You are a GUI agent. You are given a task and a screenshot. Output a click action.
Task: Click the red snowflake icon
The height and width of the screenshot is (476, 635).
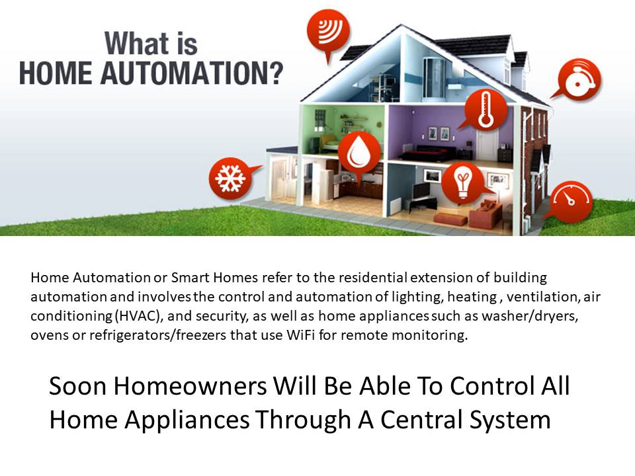pos(230,178)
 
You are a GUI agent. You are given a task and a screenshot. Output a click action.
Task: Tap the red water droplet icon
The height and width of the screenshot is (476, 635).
pos(359,153)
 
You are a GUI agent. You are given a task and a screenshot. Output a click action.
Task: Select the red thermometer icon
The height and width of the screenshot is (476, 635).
pos(485,109)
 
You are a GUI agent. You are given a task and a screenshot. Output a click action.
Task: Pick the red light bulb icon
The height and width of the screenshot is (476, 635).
pos(462,183)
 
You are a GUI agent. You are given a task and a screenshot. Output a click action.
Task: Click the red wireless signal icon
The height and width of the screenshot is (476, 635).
pos(329,30)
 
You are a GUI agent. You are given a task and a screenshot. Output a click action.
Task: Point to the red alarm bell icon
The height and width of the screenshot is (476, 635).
pos(579,79)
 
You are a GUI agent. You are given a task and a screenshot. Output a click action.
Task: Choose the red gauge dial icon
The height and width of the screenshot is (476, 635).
pos(571,202)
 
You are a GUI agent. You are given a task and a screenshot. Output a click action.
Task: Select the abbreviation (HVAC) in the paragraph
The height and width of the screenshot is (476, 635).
pos(138,316)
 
